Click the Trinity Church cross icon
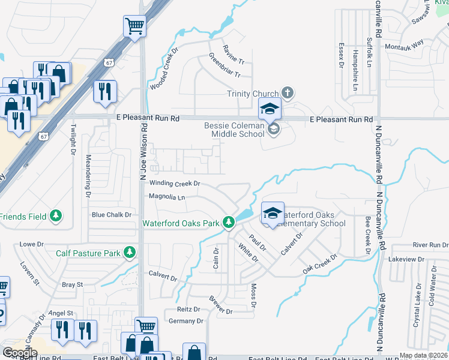288,93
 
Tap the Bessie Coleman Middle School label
234,130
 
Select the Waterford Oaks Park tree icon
228,223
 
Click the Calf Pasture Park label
88,253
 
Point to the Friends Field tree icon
56,215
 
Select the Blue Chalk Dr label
112,214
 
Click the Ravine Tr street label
234,53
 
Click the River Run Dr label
430,245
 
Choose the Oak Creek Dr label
320,263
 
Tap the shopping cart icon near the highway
135,26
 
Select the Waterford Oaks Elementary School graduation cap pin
273,214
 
